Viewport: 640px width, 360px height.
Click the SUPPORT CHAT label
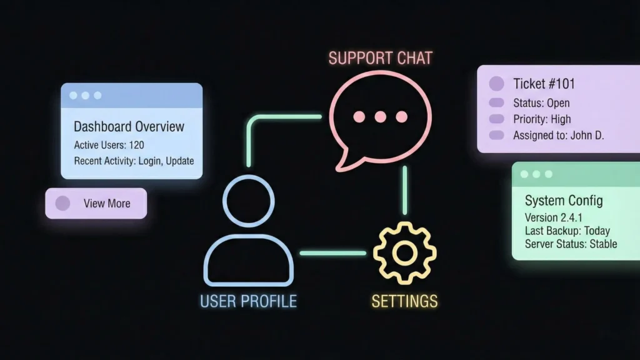coord(380,59)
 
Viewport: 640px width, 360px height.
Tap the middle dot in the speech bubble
coord(380,116)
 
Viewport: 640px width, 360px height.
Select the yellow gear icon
coord(404,252)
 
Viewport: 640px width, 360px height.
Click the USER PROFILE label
coord(248,301)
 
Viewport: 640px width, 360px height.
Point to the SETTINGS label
coord(404,301)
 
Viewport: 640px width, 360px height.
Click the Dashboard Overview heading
coord(129,127)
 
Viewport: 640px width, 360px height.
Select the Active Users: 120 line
coord(109,145)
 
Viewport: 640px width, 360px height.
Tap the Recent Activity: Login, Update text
coord(134,161)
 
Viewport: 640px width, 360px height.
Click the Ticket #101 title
coord(544,84)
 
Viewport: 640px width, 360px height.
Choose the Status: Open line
coord(541,103)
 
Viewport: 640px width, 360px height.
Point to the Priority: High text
coord(542,119)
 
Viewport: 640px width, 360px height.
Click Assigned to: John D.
coord(558,135)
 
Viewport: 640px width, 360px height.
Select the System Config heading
coord(564,201)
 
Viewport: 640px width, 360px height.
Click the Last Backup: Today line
coord(567,231)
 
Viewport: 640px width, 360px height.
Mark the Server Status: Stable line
coord(571,244)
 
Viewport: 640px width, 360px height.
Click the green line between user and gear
coord(332,253)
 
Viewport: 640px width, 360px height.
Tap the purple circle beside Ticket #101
coord(496,84)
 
